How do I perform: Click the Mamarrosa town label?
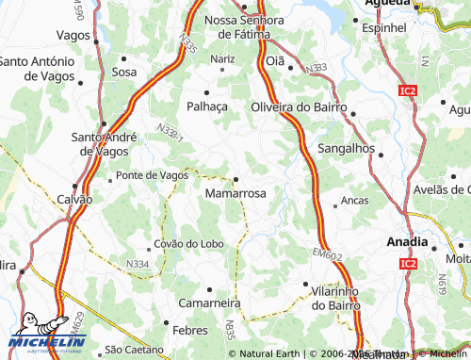click(x=235, y=192)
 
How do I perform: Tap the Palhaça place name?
click(x=208, y=106)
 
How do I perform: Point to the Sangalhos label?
click(x=347, y=149)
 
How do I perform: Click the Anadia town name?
click(x=408, y=242)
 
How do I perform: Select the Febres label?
click(x=189, y=332)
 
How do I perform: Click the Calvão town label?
click(x=74, y=199)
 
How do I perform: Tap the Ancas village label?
click(x=354, y=201)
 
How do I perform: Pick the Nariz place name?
click(x=222, y=58)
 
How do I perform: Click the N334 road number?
click(x=138, y=265)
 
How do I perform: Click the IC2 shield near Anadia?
click(x=408, y=263)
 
